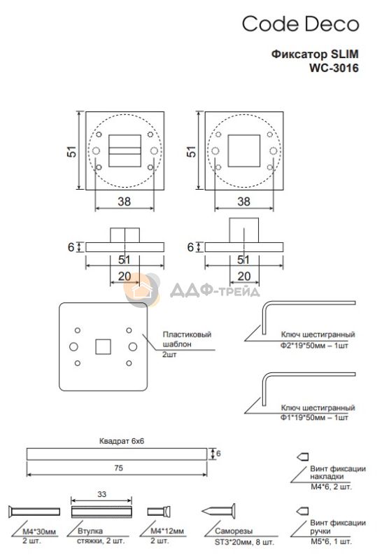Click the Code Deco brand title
[x=300, y=24]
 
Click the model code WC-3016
[x=334, y=67]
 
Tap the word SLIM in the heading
[x=344, y=54]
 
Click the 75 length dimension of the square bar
[x=118, y=468]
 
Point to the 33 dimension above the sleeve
[x=101, y=494]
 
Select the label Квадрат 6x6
[x=122, y=441]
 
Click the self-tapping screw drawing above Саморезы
[x=218, y=512]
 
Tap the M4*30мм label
[x=39, y=531]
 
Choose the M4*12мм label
[x=167, y=531]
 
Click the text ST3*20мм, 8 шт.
[x=245, y=542]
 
